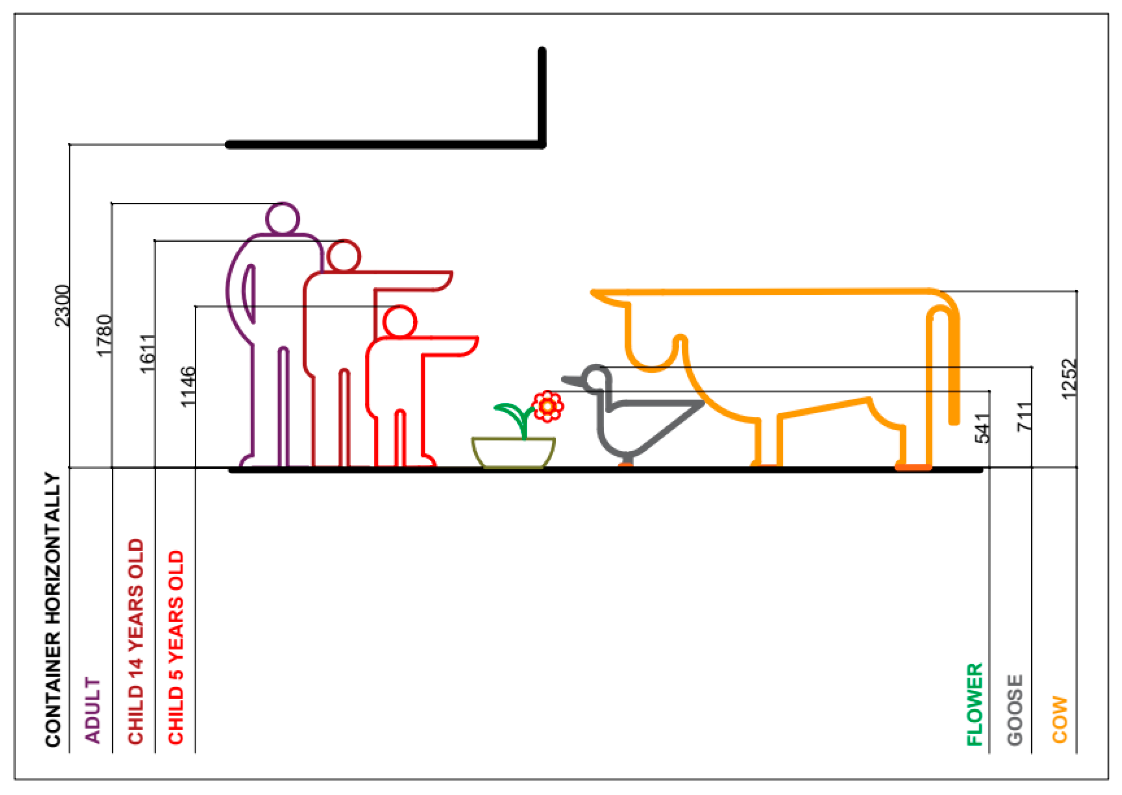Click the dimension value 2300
62,305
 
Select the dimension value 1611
147,353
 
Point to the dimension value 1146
187,386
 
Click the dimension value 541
982,428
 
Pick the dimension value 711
1024,416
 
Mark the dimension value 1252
1069,379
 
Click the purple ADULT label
92,710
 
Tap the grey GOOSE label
1015,710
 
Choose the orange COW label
1059,719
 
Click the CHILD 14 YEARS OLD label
136,641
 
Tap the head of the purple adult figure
282,218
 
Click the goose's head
595,378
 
